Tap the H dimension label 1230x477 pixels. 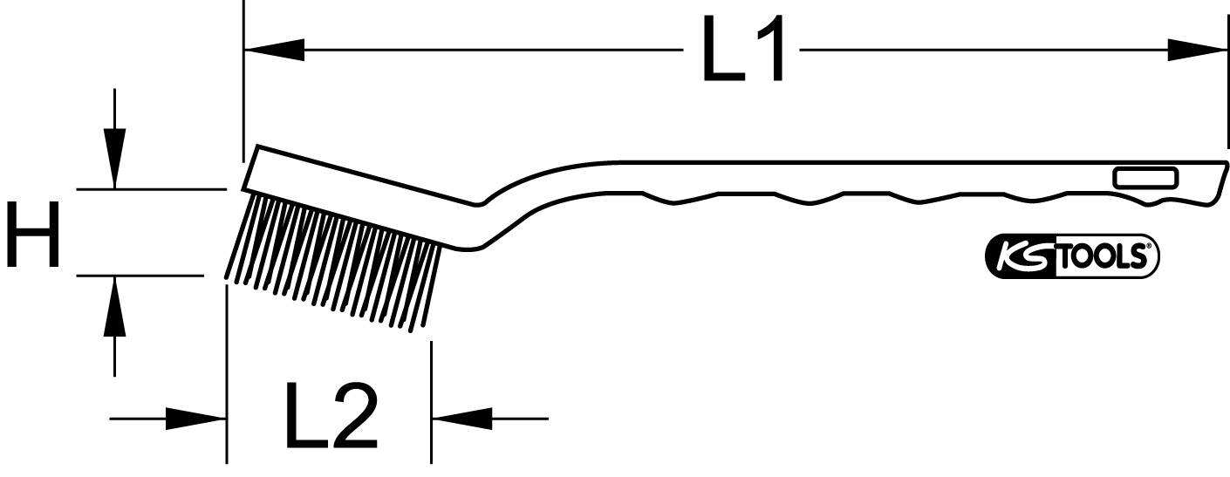click(x=33, y=233)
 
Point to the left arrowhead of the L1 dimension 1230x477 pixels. click(x=274, y=51)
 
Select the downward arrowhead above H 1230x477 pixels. click(x=114, y=158)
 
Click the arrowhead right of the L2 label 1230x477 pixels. click(x=461, y=419)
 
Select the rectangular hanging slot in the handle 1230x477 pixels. click(x=1145, y=179)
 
